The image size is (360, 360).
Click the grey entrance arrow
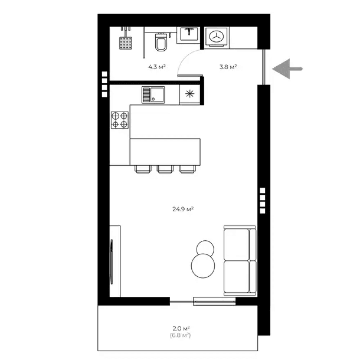(287, 68)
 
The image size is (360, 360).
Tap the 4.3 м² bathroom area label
(157, 67)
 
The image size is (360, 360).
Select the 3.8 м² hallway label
(228, 67)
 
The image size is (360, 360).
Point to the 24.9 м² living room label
(183, 209)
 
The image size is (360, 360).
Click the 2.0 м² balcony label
(181, 328)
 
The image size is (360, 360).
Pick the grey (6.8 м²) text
(181, 335)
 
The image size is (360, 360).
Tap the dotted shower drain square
(126, 43)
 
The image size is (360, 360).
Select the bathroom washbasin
(189, 34)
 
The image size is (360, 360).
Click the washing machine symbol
(217, 37)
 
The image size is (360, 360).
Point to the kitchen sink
(153, 94)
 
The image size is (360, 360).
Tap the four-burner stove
(120, 120)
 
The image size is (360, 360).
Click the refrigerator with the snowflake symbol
(189, 94)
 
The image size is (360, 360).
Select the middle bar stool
(165, 169)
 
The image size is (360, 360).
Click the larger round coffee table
(203, 266)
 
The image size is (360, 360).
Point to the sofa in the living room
(240, 261)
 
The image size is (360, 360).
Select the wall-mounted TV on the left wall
(112, 261)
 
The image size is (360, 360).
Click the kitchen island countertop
(165, 152)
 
